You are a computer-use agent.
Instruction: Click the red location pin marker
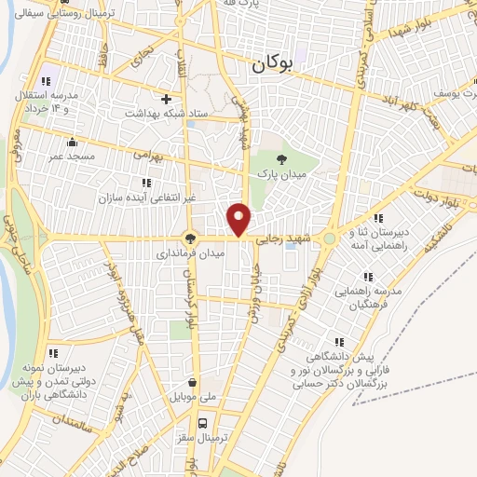[239, 219]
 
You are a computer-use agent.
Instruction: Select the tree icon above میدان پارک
[283, 157]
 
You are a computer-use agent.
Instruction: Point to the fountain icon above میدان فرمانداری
[190, 238]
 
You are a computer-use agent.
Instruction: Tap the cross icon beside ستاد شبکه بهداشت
[167, 98]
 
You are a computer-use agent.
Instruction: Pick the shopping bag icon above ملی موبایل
[192, 382]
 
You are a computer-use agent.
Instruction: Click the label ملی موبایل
[191, 398]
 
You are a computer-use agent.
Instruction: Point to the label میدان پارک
[287, 174]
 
